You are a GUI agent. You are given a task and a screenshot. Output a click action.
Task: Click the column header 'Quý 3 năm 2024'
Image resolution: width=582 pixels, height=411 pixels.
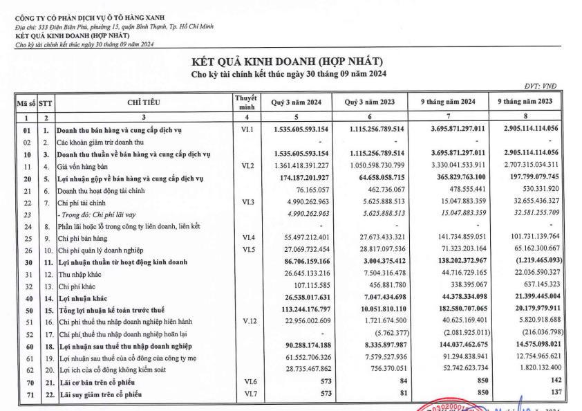tap(295, 102)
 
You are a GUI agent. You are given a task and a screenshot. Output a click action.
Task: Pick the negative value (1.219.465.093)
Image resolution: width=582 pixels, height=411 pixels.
tap(535, 244)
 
